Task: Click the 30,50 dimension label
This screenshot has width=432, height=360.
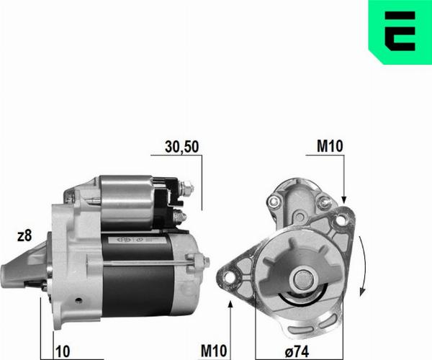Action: point(181,147)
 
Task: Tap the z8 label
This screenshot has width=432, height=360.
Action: point(24,235)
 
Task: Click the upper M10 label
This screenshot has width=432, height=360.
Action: point(330,147)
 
